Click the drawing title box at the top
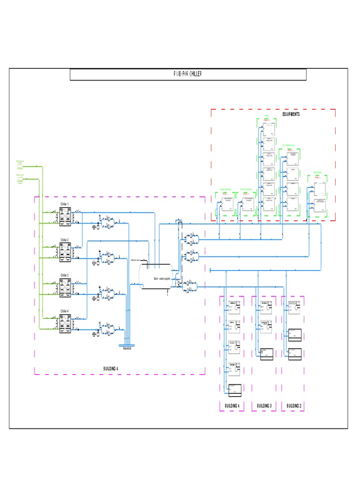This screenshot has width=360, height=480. pyautogui.click(x=188, y=75)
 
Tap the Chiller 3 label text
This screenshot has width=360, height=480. pyautogui.click(x=64, y=275)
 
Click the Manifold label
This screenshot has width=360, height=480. pyautogui.click(x=127, y=348)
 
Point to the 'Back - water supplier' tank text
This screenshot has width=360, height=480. pyautogui.click(x=162, y=278)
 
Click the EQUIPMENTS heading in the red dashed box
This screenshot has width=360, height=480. pyautogui.click(x=291, y=114)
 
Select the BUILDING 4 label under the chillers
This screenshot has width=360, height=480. pyautogui.click(x=111, y=369)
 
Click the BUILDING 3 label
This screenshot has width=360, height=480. pyautogui.click(x=263, y=405)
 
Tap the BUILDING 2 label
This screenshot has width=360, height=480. pyautogui.click(x=294, y=405)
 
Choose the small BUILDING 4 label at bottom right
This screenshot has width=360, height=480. pyautogui.click(x=232, y=405)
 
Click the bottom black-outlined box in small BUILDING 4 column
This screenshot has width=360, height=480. pyautogui.click(x=234, y=389)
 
